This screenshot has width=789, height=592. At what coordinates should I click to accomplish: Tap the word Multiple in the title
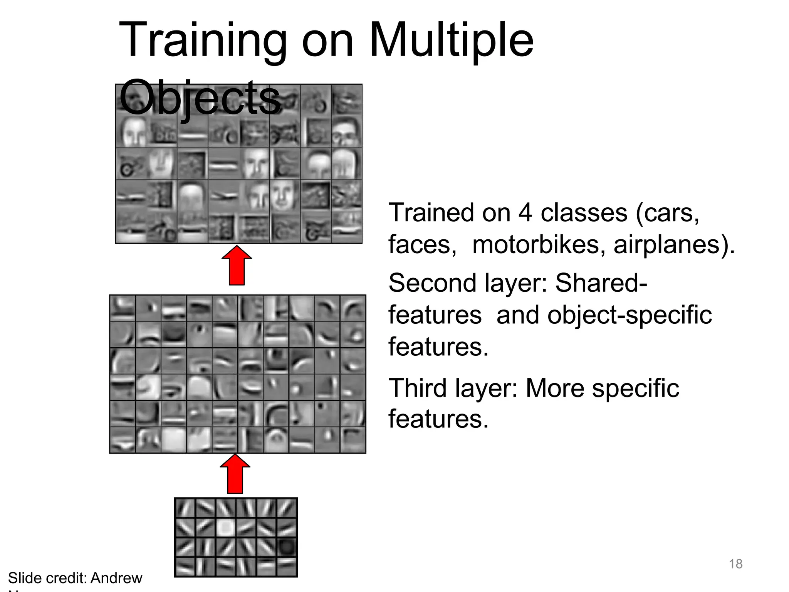point(451,40)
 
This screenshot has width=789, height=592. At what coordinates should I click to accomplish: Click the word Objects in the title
point(200,97)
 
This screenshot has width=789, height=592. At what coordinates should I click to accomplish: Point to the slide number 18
point(735,564)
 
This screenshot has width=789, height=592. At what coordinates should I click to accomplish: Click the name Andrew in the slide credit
point(116,578)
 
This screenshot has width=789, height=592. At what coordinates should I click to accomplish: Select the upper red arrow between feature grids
point(237,266)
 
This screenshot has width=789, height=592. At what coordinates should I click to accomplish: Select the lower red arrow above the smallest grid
point(235,474)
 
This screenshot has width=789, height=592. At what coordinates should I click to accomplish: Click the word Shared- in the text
point(601,283)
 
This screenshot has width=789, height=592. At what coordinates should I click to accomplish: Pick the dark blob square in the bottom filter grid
point(287,547)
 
